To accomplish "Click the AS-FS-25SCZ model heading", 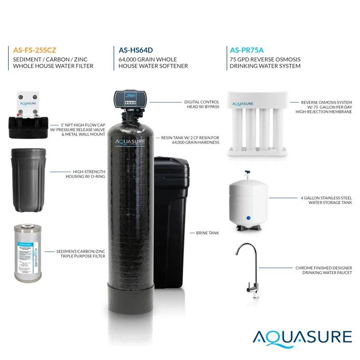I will tap(35, 49).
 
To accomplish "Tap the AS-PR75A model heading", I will tap(247, 49).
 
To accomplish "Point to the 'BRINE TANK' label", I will tap(207, 233).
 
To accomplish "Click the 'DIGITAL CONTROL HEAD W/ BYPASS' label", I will tap(202, 104).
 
